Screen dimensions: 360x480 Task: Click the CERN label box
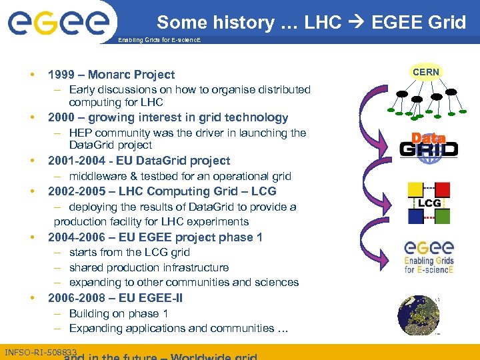pyautogui.click(x=426, y=71)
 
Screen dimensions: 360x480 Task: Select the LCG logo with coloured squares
pyautogui.click(x=429, y=202)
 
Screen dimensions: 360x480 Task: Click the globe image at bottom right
pyautogui.click(x=418, y=314)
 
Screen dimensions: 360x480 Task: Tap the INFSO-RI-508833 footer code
pyautogui.click(x=40, y=351)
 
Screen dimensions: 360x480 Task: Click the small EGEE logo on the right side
pyautogui.click(x=429, y=257)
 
